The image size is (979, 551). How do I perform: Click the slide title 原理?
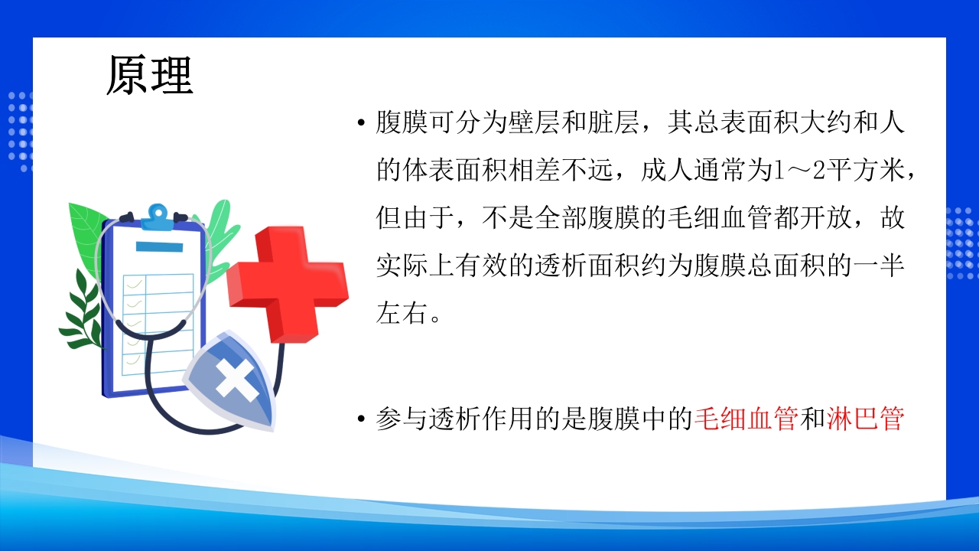pos(149,76)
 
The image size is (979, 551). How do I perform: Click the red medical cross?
pos(288,282)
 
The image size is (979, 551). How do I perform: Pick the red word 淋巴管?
pos(865,419)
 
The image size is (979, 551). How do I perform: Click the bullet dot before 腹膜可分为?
pos(360,124)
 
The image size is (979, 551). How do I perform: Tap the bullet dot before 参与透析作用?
pos(360,420)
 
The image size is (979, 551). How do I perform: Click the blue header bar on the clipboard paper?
pos(158,246)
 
